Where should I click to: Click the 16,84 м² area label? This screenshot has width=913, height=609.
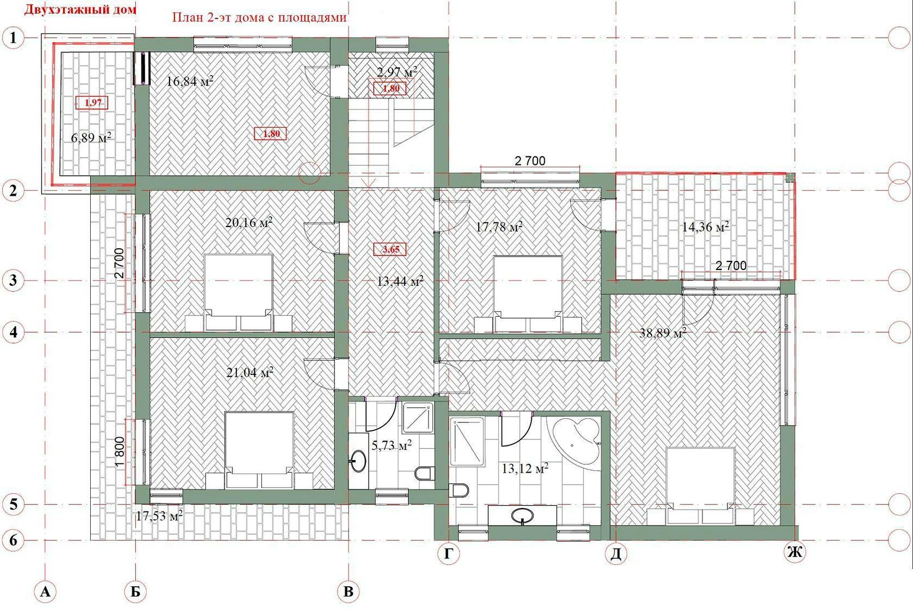click(190, 81)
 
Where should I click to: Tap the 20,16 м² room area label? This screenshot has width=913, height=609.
click(249, 223)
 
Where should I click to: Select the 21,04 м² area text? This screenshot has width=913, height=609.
click(249, 372)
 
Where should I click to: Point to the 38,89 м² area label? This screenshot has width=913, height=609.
click(662, 333)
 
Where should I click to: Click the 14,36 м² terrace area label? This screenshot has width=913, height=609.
click(705, 227)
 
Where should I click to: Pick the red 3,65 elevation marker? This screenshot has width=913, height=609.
click(390, 249)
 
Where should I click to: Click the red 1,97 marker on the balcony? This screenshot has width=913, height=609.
click(92, 102)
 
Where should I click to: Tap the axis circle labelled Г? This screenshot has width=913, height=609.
click(449, 553)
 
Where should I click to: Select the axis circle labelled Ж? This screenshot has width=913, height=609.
click(795, 552)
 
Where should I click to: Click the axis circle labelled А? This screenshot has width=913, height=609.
click(45, 591)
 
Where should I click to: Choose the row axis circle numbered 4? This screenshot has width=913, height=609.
click(14, 332)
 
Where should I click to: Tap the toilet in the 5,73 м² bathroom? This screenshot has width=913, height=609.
click(424, 473)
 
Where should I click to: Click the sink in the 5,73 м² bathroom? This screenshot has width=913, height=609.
click(358, 461)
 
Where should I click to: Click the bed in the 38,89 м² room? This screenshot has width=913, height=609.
click(700, 486)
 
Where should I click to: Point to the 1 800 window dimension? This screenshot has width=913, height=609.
click(119, 453)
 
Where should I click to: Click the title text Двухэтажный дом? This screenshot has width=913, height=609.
click(79, 9)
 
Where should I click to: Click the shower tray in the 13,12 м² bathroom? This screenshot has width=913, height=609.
click(467, 441)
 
